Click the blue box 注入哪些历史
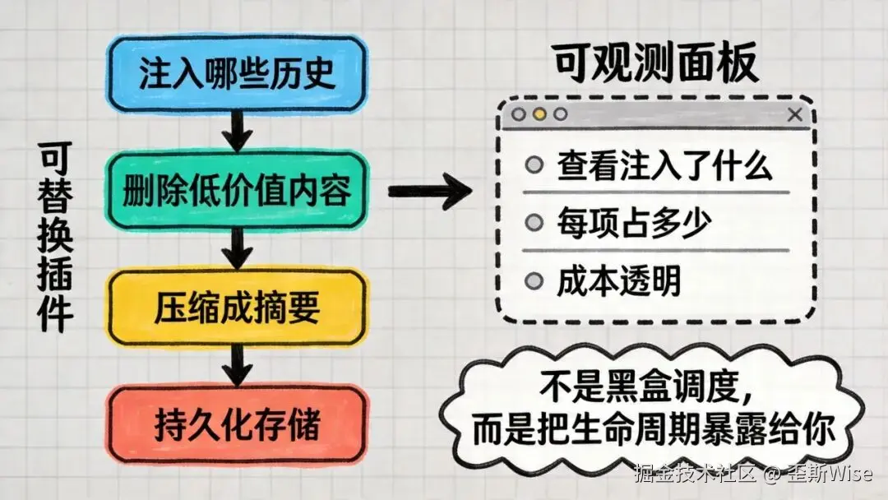pyautogui.click(x=237, y=74)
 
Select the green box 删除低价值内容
pyautogui.click(x=237, y=192)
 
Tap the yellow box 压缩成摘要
pyautogui.click(x=237, y=308)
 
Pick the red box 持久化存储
pyautogui.click(x=237, y=425)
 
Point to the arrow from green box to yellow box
pyautogui.click(x=237, y=249)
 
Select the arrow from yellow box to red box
pyautogui.click(x=237, y=366)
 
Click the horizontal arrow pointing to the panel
pyautogui.click(x=428, y=192)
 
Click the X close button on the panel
pyautogui.click(x=794, y=115)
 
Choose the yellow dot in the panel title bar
pyautogui.click(x=539, y=115)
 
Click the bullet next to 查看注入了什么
pyautogui.click(x=534, y=165)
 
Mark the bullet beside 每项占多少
pyautogui.click(x=534, y=222)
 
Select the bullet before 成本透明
pyautogui.click(x=534, y=280)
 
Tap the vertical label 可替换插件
pyautogui.click(x=55, y=238)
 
